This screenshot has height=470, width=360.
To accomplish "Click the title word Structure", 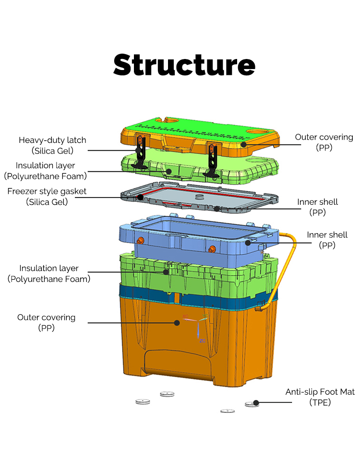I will point(184,65).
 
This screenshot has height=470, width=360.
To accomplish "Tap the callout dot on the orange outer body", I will point(177,323).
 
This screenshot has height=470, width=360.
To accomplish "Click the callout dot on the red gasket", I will point(140,197).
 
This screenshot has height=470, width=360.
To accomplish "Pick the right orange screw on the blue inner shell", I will point(212,248).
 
